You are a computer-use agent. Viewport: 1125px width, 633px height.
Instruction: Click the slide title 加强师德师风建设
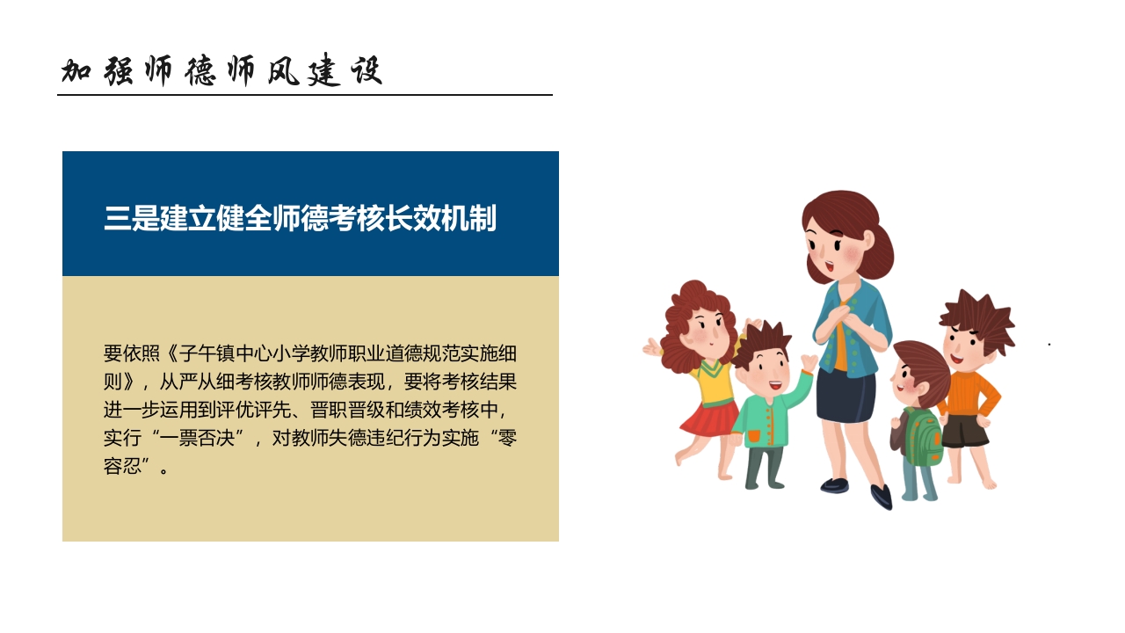221,71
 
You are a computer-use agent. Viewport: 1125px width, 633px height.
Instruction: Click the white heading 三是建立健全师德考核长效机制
301,218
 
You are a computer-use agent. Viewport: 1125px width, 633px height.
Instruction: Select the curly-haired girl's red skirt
708,418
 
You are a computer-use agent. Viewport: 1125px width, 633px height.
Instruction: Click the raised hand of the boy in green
808,361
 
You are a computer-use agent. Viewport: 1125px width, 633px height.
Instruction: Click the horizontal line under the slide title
305,95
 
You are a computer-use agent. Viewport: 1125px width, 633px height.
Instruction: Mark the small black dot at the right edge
1049,345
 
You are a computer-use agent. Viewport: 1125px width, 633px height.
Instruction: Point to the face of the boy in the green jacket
764,374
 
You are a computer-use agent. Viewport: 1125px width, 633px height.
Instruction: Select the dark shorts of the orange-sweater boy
965,432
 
